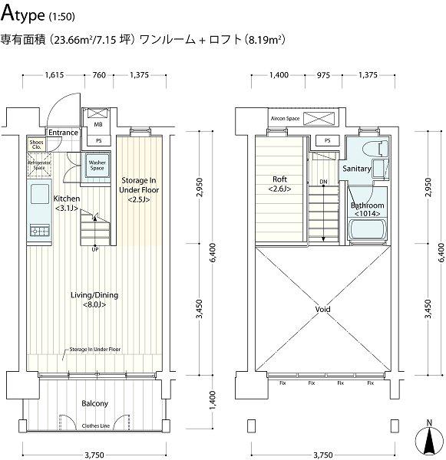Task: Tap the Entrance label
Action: coord(63,133)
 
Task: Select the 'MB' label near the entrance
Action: coord(98,123)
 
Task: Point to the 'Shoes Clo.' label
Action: coord(36,144)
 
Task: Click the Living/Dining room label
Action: coord(94,300)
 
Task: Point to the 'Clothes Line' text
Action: coord(94,426)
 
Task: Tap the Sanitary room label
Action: coord(357,169)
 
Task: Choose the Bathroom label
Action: coord(367,209)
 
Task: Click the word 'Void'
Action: coord(323,310)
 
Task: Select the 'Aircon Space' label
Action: coord(284,120)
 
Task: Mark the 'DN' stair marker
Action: coord(322,182)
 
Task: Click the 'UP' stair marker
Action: coord(94,249)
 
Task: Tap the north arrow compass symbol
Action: coord(428,439)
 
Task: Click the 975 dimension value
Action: coord(323,74)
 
